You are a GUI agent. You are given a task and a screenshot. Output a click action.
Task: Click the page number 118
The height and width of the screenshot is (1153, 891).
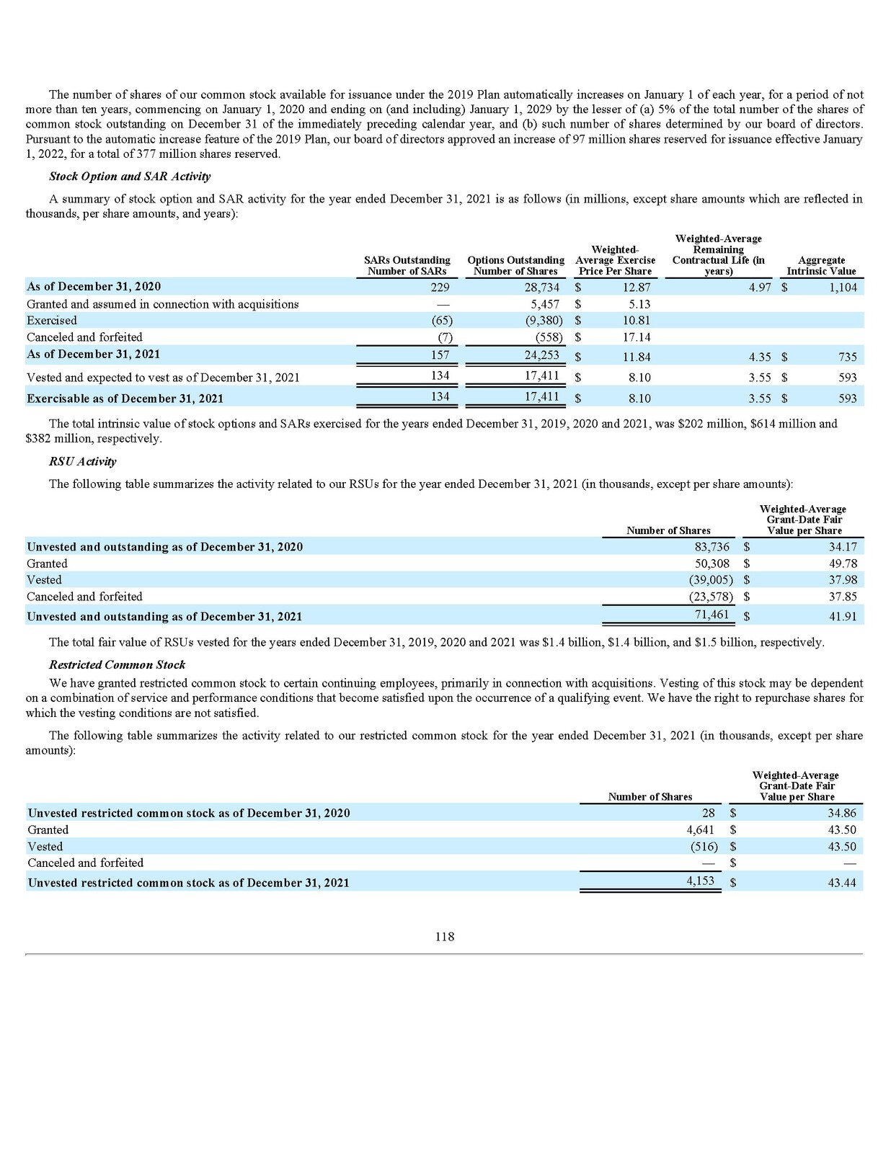[x=445, y=937]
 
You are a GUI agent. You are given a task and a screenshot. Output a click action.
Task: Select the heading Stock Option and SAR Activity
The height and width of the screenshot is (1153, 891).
[x=130, y=177]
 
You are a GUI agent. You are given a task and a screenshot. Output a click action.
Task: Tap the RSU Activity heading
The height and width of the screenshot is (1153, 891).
[x=82, y=461]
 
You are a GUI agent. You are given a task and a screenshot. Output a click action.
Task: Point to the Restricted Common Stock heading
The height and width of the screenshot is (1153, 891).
[x=117, y=664]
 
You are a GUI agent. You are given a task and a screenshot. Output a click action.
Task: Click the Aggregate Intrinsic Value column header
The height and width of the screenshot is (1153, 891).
[x=821, y=266]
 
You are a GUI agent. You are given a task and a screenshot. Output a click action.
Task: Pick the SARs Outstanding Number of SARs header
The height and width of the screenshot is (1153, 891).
[x=407, y=266]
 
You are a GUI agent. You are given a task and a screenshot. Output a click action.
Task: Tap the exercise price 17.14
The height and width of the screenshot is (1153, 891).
[x=637, y=337]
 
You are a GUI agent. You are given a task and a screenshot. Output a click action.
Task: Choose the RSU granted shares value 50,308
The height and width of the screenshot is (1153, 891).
[x=712, y=564]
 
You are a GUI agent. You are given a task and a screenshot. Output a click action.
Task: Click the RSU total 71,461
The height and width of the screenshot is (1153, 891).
[x=711, y=615]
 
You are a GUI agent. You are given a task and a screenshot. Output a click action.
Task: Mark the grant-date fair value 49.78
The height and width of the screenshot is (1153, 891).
[x=843, y=564]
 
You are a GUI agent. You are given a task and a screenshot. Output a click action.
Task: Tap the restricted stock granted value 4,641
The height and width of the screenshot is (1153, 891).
[x=697, y=830]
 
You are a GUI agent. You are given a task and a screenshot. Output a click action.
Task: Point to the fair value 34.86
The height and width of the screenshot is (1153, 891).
[x=842, y=813]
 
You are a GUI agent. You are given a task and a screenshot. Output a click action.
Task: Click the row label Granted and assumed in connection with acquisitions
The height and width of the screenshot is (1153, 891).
[x=162, y=304]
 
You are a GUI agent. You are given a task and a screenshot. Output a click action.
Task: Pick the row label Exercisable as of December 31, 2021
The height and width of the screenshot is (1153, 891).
[x=125, y=399]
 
